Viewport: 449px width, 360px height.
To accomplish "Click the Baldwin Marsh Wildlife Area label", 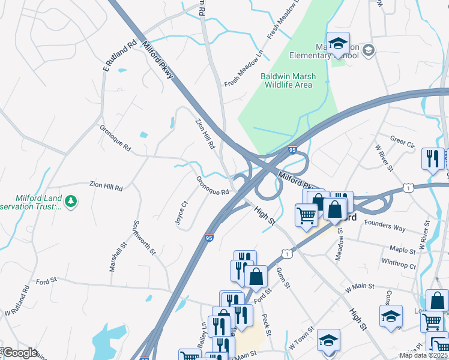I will [x=286, y=80].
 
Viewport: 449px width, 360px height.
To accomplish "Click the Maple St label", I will [x=402, y=249].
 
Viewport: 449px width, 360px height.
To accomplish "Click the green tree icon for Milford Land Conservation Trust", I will [x=71, y=201].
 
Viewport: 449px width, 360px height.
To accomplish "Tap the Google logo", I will [x=20, y=353].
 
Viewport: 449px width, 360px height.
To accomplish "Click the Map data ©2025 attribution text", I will [x=424, y=355].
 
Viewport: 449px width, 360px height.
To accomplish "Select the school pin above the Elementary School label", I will [x=338, y=44].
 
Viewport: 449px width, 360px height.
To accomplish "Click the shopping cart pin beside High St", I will [x=306, y=214].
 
